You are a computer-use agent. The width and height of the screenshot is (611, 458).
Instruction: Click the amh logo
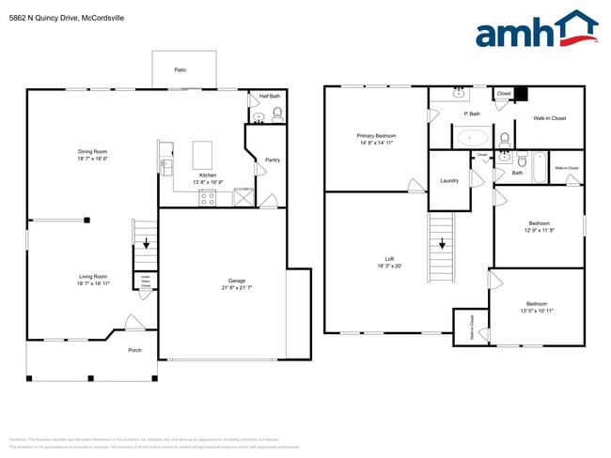point(536,31)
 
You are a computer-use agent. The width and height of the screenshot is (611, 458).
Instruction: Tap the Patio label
point(180,69)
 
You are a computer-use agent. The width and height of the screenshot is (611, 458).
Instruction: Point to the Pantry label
point(273,160)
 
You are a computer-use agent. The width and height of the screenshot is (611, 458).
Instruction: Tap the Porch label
point(134,350)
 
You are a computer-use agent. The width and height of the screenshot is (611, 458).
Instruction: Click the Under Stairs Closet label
point(146,281)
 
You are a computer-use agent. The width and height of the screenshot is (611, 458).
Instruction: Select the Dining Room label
point(93,152)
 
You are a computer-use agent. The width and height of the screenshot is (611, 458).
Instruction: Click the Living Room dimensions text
point(93,282)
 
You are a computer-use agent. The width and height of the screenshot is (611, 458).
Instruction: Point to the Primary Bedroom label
point(376,136)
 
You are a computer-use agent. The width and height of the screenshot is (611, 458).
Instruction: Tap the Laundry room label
point(448,180)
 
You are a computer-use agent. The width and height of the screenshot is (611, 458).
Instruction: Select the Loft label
point(388,259)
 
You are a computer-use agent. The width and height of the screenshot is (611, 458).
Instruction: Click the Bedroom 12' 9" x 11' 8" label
point(539,225)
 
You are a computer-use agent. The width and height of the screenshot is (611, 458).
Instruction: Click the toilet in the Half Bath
point(276,116)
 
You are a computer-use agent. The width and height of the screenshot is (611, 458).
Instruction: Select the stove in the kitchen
point(207,197)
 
